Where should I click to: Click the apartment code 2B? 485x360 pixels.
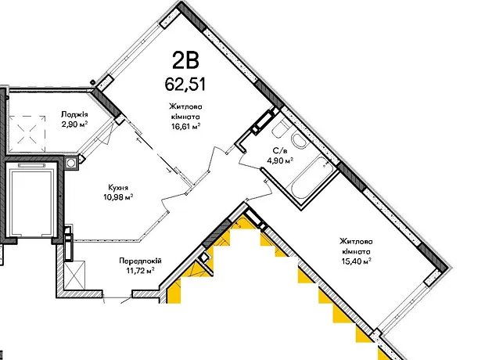[x=185, y=61]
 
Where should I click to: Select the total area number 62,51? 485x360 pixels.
[x=185, y=84]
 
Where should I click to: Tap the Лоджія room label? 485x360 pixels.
[x=74, y=114]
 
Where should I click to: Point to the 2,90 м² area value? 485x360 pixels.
[x=74, y=124]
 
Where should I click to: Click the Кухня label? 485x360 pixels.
[x=118, y=188]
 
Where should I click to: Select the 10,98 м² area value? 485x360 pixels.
[x=118, y=197]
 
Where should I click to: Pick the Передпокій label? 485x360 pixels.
[x=141, y=261]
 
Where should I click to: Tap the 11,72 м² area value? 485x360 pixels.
[x=141, y=271]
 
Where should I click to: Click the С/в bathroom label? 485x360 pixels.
[x=280, y=151]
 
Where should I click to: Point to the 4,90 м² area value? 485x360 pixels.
[x=280, y=160]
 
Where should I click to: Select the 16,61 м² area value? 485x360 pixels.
[x=185, y=126]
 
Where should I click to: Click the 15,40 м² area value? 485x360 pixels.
[x=356, y=261]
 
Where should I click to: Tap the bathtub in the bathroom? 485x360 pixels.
[x=311, y=178]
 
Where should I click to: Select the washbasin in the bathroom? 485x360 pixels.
[x=300, y=142]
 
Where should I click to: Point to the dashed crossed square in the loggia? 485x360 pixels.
[x=27, y=134]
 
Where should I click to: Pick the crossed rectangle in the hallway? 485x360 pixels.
[x=74, y=275]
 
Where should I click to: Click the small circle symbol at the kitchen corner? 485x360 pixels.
[x=71, y=163]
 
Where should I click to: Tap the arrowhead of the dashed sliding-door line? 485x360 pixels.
[x=171, y=170]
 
